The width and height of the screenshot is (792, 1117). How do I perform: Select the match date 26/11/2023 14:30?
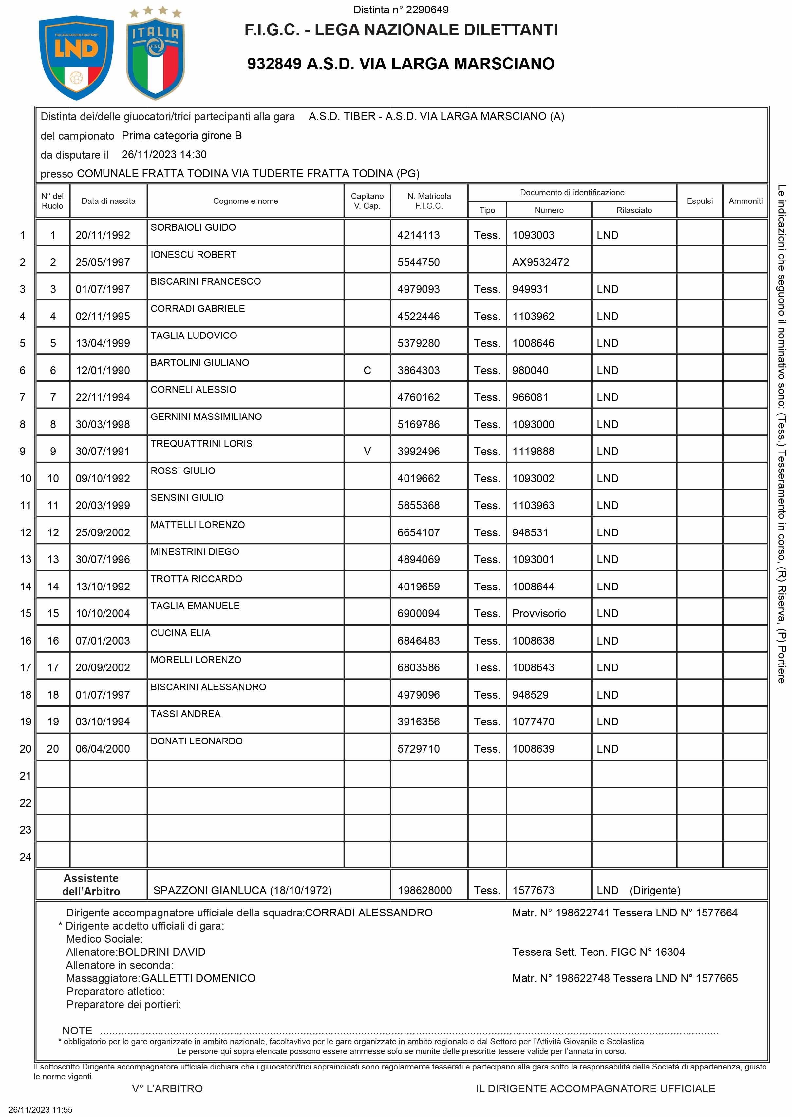[x=164, y=155]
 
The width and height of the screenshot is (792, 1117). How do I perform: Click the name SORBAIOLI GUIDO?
[x=193, y=227]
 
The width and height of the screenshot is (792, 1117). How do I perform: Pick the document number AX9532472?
[x=540, y=262]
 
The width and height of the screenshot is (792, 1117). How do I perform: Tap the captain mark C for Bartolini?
[x=367, y=371]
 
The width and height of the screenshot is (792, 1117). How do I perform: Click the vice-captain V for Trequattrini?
[x=367, y=452]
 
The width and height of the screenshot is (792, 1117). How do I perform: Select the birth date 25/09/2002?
[x=103, y=533]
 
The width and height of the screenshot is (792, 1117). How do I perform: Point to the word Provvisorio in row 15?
[x=539, y=614]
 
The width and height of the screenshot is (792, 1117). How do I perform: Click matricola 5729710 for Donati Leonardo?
[x=418, y=749]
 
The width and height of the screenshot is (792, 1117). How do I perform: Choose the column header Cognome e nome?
[x=245, y=201]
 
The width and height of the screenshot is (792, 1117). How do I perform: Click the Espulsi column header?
[x=699, y=201]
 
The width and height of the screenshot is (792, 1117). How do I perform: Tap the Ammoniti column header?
[x=745, y=201]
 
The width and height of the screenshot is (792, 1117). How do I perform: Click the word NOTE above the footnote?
[x=77, y=1031]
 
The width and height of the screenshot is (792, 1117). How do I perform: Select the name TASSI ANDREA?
[x=185, y=714]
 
